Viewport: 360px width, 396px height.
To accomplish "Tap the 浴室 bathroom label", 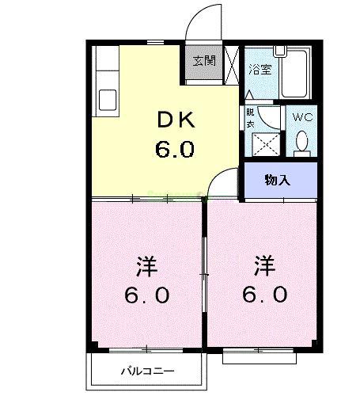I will coord(260,68).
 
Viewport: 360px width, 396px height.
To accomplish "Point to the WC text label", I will coord(302,117).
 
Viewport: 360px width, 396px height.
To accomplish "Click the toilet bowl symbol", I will coord(302,143).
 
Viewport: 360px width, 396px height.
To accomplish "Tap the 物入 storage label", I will coord(278,180).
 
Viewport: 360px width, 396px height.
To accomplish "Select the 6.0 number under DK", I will coord(174,149).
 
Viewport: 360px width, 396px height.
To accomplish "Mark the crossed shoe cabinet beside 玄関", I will coord(232,63).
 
